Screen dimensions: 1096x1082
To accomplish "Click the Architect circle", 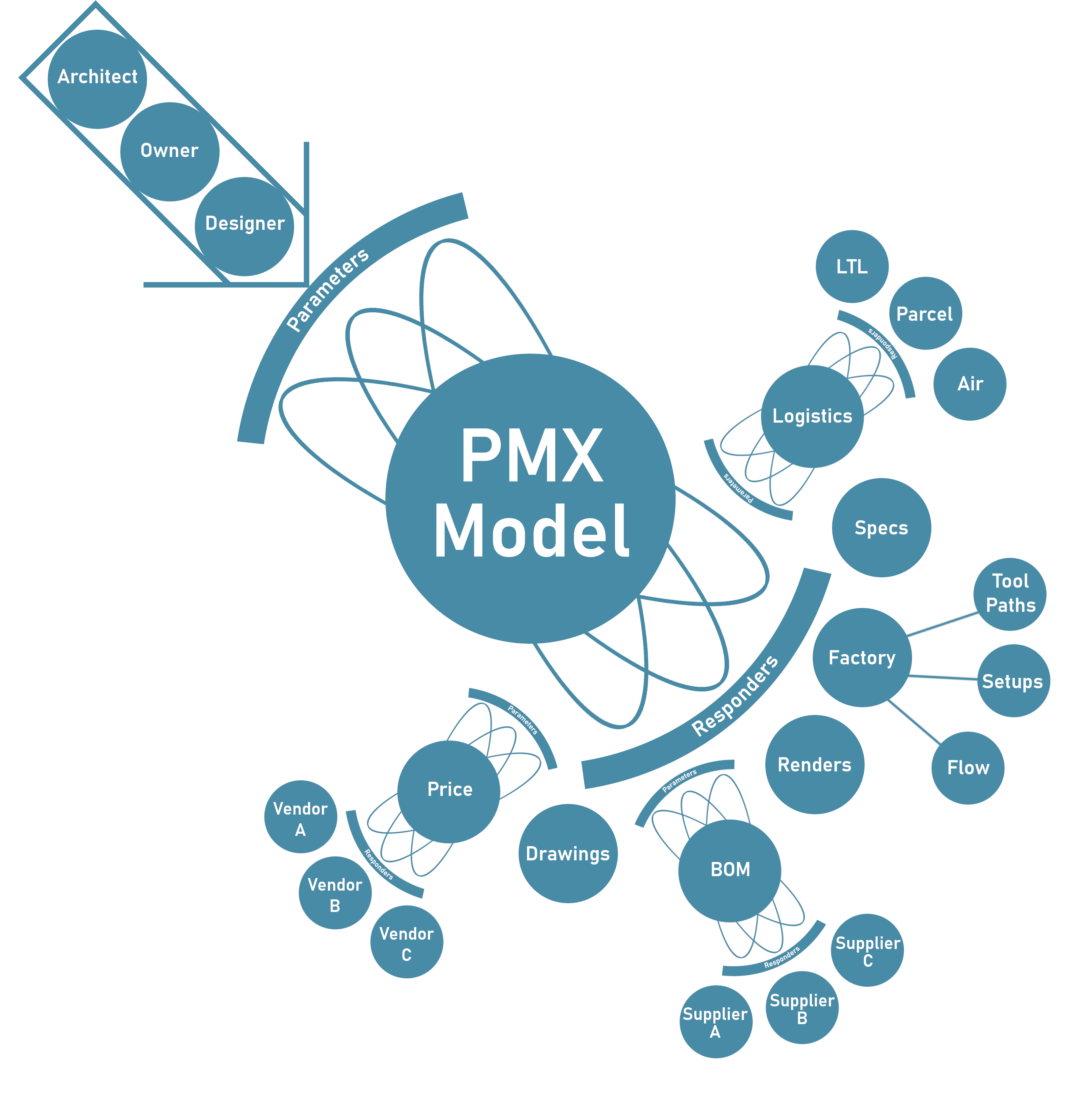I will (x=97, y=79).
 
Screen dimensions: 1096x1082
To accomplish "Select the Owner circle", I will (x=170, y=152).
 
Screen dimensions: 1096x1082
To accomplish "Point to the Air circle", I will (x=969, y=384).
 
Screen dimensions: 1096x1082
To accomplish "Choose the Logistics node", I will (x=812, y=416).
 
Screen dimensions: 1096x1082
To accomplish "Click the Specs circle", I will (x=881, y=528).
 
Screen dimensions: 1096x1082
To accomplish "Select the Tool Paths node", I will (x=1010, y=594).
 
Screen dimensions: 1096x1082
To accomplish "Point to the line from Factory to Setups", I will (x=942, y=677).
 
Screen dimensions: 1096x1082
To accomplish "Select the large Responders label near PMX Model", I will (x=735, y=696).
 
